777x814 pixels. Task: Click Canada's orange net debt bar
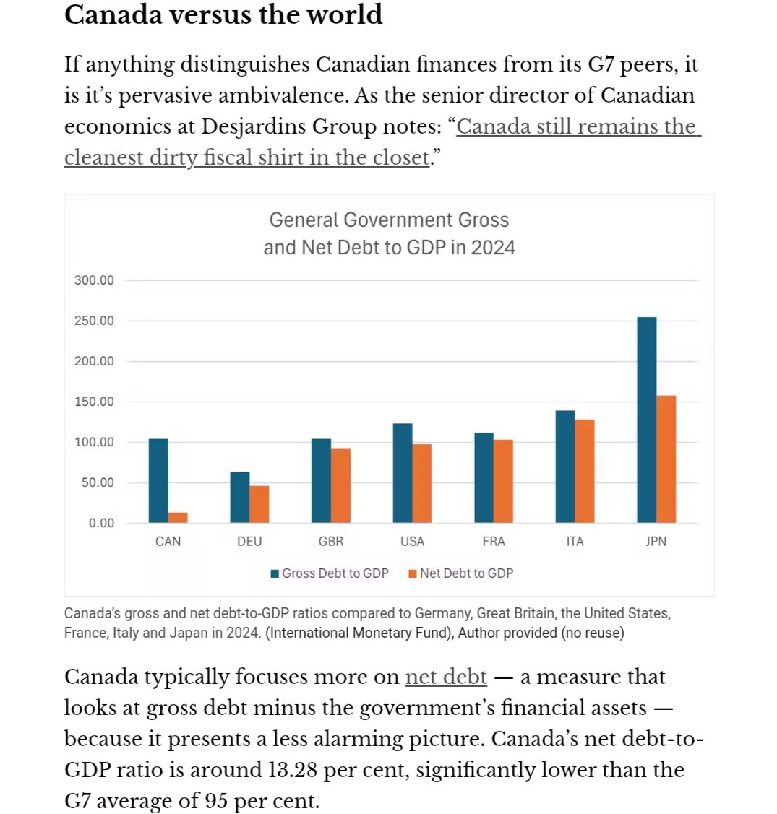click(178, 517)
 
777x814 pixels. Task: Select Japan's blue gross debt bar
click(646, 420)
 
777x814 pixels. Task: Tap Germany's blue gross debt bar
click(240, 497)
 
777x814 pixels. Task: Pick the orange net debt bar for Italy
click(585, 471)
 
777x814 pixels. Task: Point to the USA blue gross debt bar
click(403, 473)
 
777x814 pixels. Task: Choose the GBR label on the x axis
click(331, 541)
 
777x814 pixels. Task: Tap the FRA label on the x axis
click(494, 541)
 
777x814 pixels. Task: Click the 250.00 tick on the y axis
click(94, 321)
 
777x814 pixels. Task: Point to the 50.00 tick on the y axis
click(97, 482)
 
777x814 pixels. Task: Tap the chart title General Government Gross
click(389, 220)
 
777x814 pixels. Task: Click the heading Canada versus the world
click(223, 14)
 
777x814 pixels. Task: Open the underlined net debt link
click(446, 677)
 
